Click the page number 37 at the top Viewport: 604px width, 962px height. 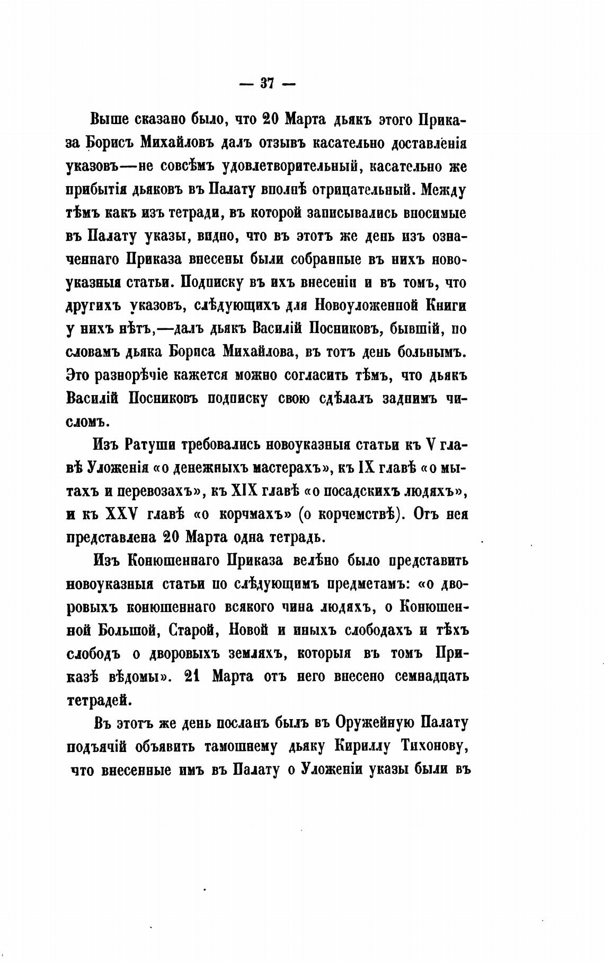pyautogui.click(x=267, y=83)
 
